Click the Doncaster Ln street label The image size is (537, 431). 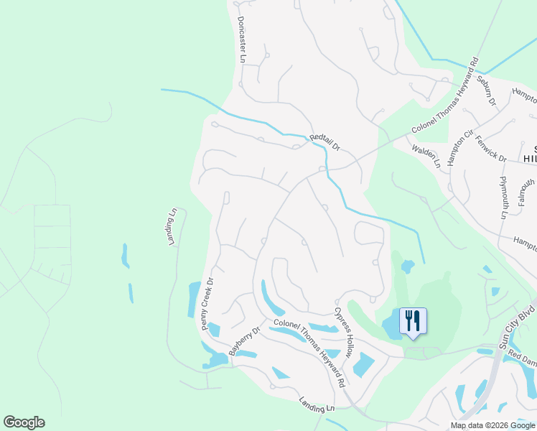point(241,40)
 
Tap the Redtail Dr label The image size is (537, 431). point(324,142)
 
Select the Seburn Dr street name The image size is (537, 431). point(487,93)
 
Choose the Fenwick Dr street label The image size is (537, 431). point(491,149)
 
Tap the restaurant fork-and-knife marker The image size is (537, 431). point(412,320)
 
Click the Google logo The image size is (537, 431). point(24,422)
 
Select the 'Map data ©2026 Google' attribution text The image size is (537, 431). point(492,425)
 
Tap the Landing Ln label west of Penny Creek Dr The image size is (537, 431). point(172,227)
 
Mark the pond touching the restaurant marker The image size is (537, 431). point(392,327)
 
